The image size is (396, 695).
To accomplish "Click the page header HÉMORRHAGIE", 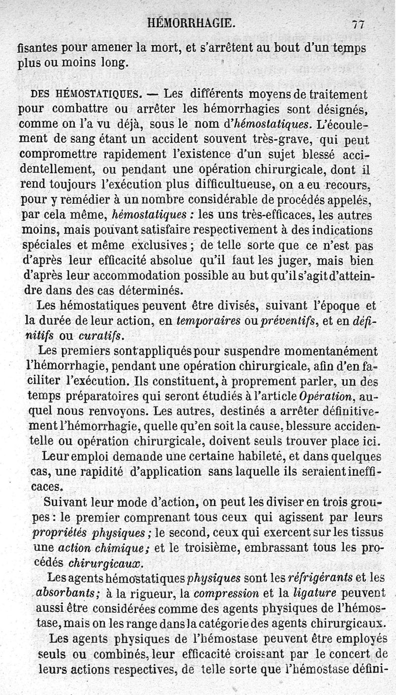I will (191, 23).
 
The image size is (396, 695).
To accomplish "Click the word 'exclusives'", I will (157, 245).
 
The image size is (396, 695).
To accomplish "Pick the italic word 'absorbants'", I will (64, 593).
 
